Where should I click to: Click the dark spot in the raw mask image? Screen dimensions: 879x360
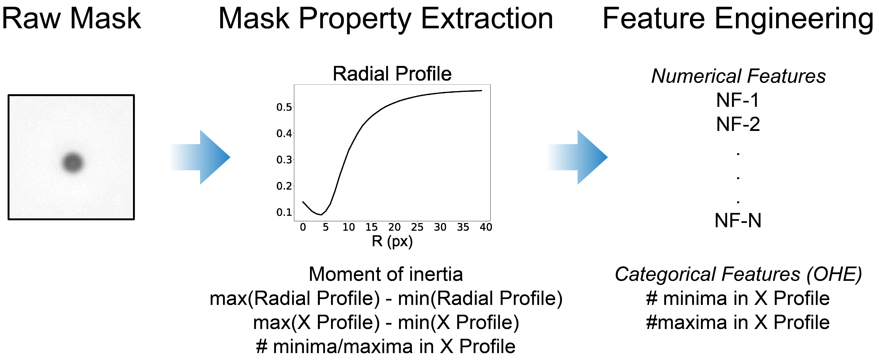(72, 162)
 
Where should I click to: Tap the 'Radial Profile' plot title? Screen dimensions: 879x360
(392, 74)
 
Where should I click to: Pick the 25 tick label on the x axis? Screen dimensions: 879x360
(417, 227)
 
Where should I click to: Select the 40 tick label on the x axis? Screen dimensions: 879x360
(486, 227)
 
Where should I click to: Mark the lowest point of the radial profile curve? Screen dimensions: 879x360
(321, 215)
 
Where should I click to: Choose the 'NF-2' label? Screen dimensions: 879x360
(738, 124)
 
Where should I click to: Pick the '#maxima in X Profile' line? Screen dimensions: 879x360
(738, 323)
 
